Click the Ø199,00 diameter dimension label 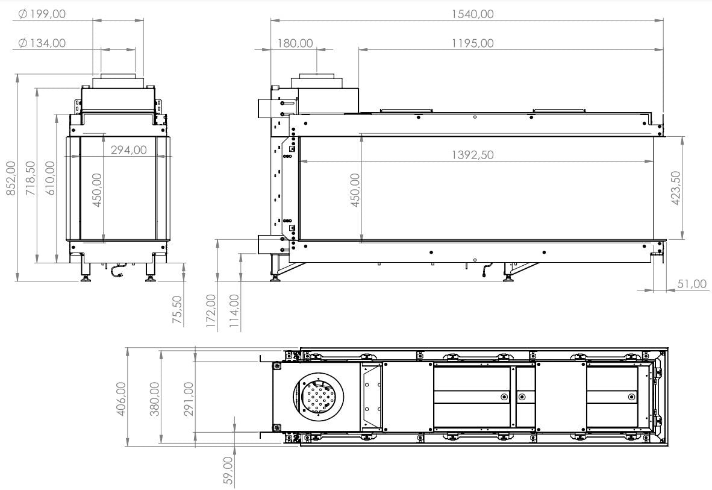pos(42,14)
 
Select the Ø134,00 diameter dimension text pos(42,43)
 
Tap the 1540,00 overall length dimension pos(472,14)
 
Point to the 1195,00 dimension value pos(472,43)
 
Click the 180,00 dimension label pos(295,43)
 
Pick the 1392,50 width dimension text pos(472,155)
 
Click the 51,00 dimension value pos(692,284)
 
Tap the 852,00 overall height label pos(11,178)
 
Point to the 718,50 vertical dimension pos(31,178)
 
